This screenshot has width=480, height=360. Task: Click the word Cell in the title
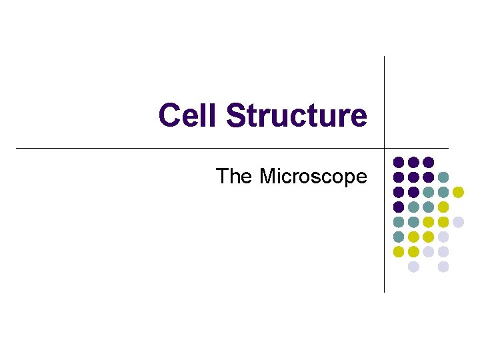tap(189, 115)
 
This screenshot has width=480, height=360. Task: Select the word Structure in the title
tap(297, 115)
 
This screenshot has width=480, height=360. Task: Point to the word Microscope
tap(313, 177)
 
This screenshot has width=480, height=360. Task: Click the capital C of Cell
tap(169, 115)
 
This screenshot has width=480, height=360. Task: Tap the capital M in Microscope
tap(268, 177)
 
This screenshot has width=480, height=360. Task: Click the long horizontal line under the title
tap(200, 147)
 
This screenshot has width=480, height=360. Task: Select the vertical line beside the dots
tap(385, 220)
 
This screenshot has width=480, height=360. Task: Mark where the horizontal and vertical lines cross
tap(385, 147)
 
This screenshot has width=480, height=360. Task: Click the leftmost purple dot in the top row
tap(399, 162)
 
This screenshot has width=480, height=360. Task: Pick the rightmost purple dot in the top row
tap(429, 162)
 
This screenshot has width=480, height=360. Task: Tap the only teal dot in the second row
tap(443, 177)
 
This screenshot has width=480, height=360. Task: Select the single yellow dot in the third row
tap(458, 192)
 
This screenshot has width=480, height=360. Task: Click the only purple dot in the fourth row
tap(399, 207)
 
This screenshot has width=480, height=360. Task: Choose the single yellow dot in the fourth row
tap(443, 207)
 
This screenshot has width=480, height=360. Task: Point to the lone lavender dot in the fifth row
tap(458, 222)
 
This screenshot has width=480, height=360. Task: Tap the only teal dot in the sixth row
tap(399, 237)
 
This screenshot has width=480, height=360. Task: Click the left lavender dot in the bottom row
tap(413, 267)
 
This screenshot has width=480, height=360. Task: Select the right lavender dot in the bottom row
tap(443, 267)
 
